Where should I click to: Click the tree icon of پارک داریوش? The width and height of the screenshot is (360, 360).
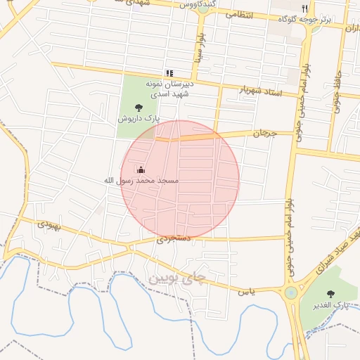point(138,108)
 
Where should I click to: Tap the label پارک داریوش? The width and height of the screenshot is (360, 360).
point(138,120)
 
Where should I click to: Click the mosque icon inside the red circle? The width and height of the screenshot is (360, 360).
point(141,169)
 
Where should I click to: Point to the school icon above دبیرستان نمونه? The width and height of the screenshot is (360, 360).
point(169,73)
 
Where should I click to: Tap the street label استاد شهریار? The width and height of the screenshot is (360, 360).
point(259,90)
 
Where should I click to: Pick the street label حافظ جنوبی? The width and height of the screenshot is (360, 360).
point(345,91)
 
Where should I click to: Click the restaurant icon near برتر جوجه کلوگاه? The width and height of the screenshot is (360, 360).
point(304,8)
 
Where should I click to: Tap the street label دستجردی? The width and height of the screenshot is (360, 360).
point(174,239)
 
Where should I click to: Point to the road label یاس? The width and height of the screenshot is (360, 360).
point(245,290)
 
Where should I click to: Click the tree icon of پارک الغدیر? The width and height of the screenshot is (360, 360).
point(330,293)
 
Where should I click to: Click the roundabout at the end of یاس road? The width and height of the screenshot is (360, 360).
point(290,292)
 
